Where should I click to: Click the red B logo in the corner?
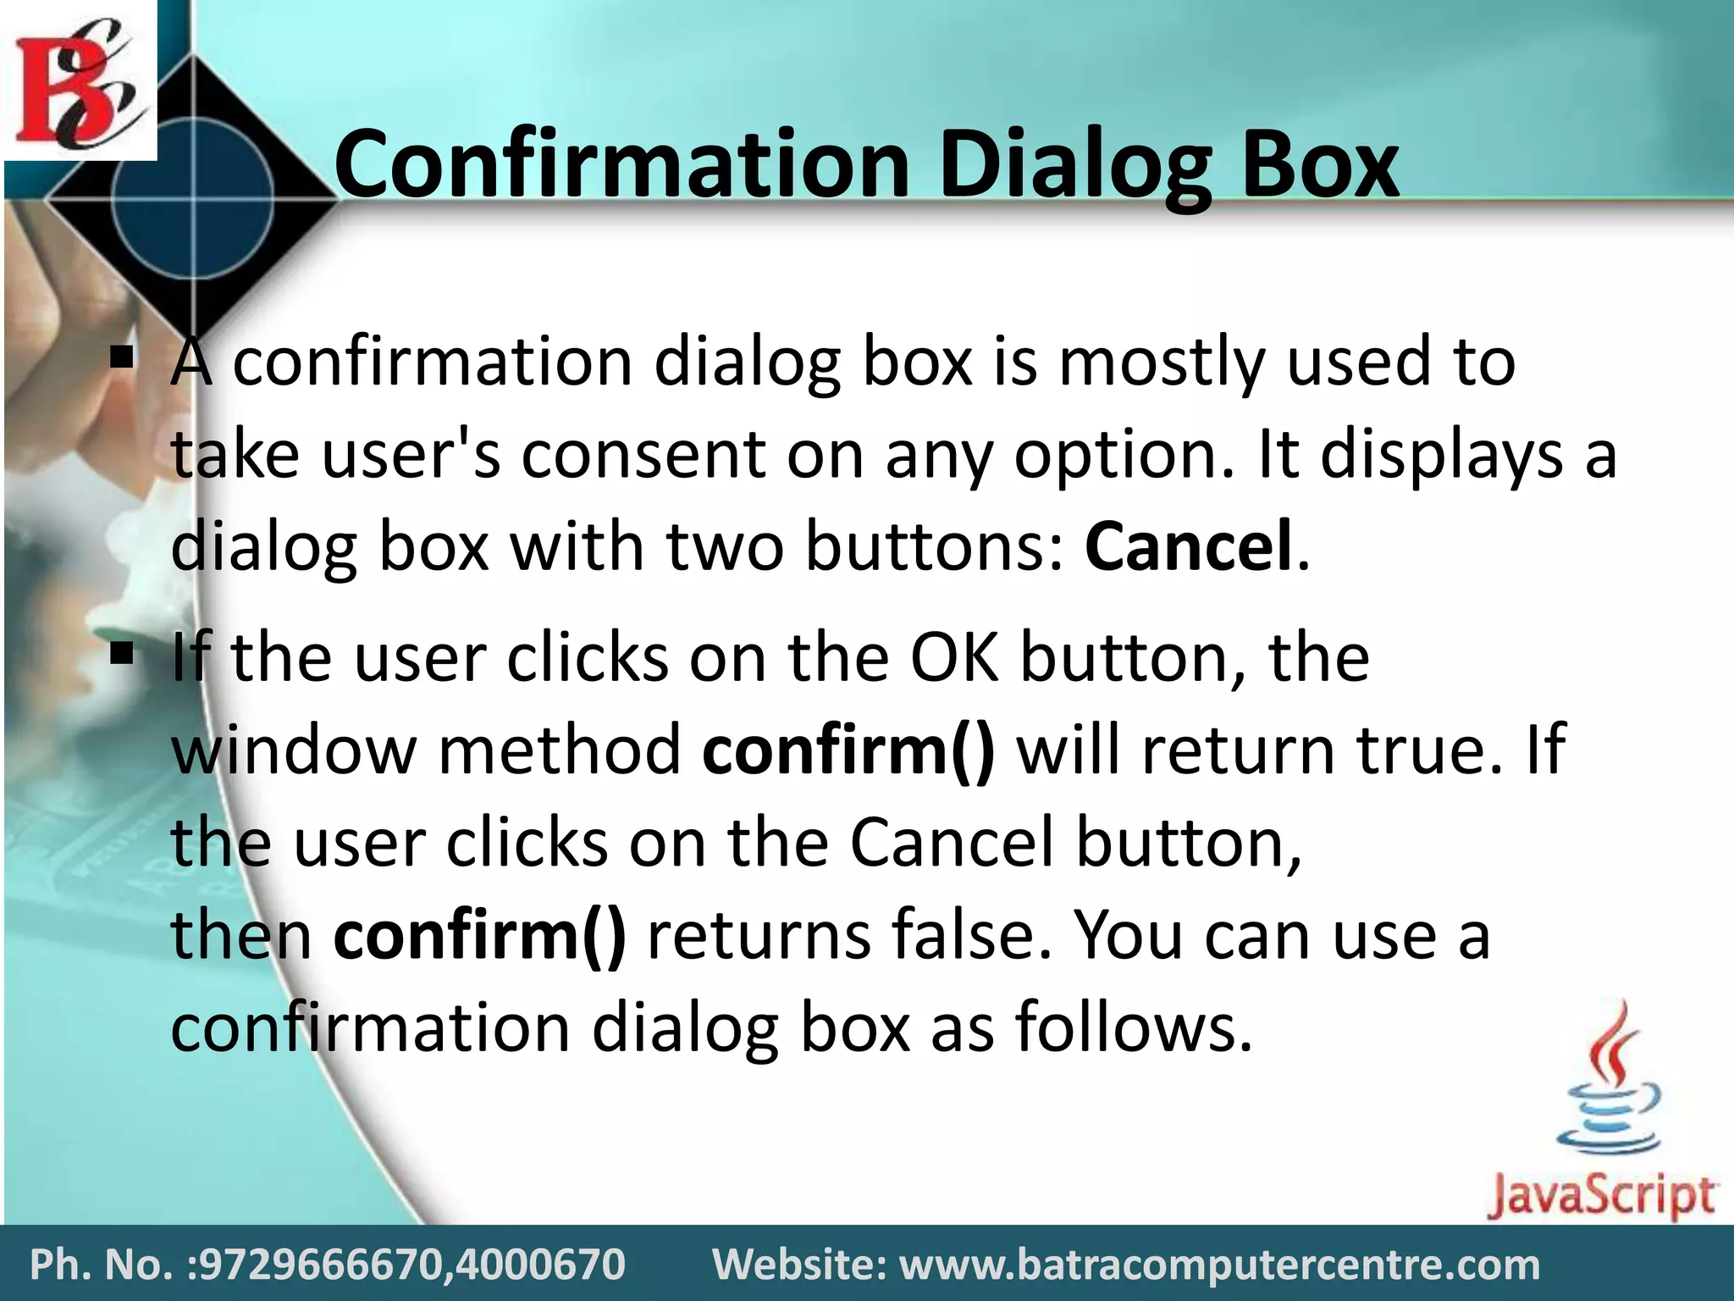coord(79,80)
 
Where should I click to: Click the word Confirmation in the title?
coord(622,163)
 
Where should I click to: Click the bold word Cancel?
coord(1188,546)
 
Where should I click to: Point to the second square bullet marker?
coord(123,653)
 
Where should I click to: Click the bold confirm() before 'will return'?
coord(848,750)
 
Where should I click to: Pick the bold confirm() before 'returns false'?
coord(480,936)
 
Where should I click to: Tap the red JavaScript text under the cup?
coord(1601,1195)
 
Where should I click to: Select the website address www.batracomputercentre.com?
coord(1219,1265)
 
